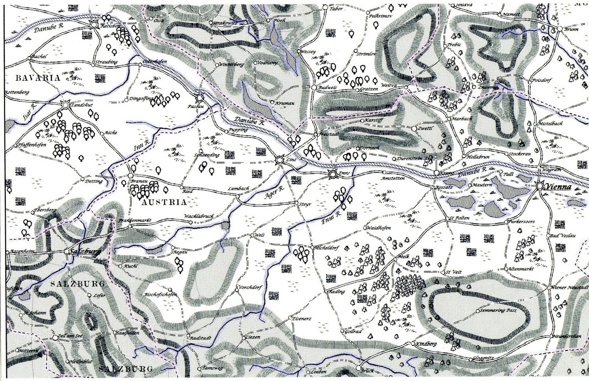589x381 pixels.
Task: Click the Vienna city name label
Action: (x=558, y=187)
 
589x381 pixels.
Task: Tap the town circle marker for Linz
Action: (x=280, y=160)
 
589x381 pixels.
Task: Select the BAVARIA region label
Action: (x=32, y=78)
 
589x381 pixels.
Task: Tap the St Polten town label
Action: (x=460, y=218)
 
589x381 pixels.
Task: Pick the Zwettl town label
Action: (x=426, y=128)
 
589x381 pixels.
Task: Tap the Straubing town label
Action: (x=107, y=62)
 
